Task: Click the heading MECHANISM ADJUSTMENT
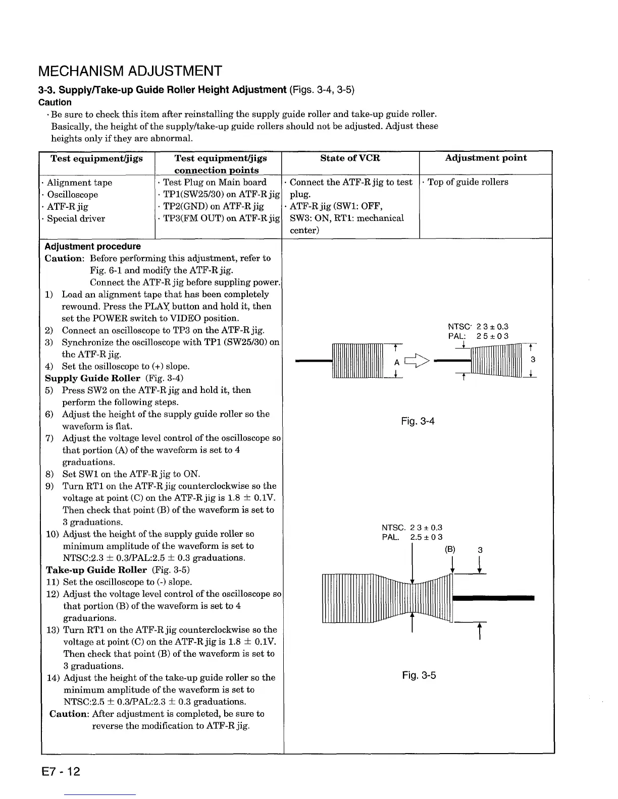click(130, 71)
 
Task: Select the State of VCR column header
click(350, 158)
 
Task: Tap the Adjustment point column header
click(485, 158)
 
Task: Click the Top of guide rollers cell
click(468, 182)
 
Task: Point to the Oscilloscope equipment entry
click(72, 195)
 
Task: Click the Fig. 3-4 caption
click(418, 421)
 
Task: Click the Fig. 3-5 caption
click(419, 675)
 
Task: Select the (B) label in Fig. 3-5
click(450, 550)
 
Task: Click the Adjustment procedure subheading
click(92, 247)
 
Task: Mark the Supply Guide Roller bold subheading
click(92, 378)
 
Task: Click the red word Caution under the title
click(55, 102)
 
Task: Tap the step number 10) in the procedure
click(53, 534)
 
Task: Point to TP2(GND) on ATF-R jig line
click(214, 206)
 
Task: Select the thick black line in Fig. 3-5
click(494, 598)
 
